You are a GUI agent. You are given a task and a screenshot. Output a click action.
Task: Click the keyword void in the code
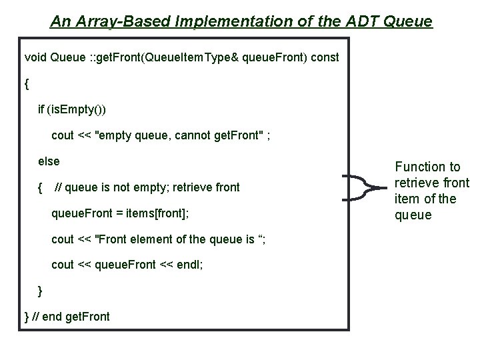coord(35,57)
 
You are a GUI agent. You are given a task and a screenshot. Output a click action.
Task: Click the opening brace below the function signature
coord(27,85)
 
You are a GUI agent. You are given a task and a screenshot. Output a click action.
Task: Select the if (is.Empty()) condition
coord(72,109)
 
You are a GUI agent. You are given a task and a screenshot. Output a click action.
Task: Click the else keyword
coord(49,161)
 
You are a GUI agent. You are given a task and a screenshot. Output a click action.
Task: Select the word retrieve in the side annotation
coord(419,183)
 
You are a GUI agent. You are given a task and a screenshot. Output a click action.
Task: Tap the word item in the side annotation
coord(406,199)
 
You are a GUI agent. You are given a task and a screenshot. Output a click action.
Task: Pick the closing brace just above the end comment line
coord(41,291)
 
